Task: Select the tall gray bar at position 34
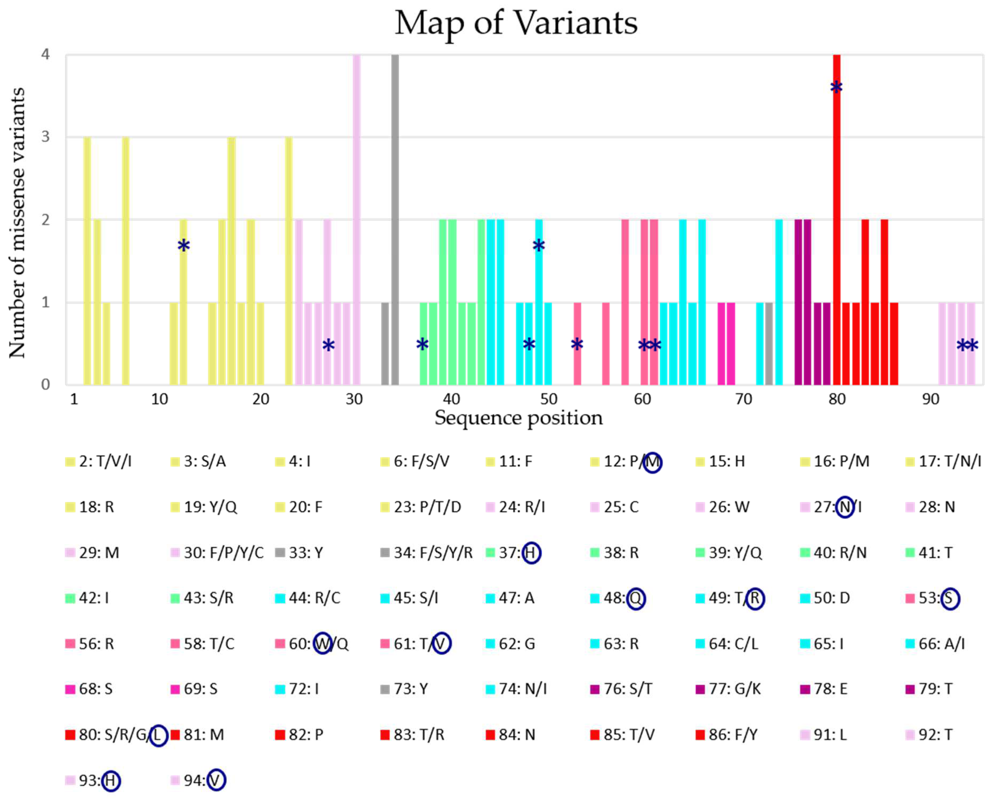tap(395, 221)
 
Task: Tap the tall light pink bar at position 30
tap(356, 221)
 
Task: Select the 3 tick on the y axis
tap(45, 137)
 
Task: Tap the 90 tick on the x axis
tap(930, 399)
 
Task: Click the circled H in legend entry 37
tap(531, 553)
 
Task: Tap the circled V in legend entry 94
tap(216, 780)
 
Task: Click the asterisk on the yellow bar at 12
tap(183, 246)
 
